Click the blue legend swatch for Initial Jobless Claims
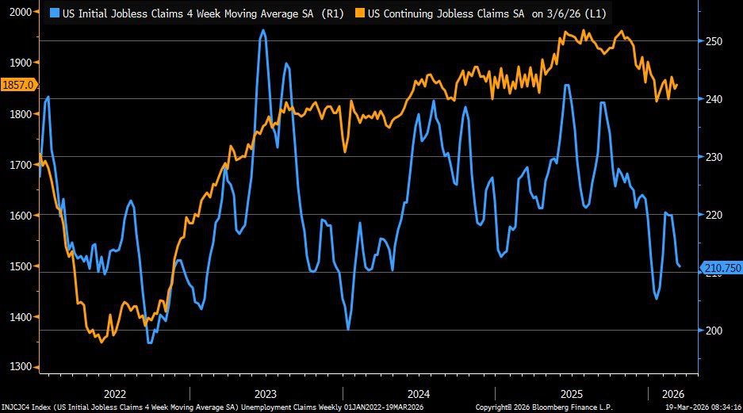pyautogui.click(x=53, y=13)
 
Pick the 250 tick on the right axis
pyautogui.click(x=715, y=41)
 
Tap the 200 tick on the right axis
pyautogui.click(x=715, y=330)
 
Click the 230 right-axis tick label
pyautogui.click(x=715, y=157)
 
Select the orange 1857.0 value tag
pyautogui.click(x=17, y=83)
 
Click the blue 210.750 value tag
pyautogui.click(x=721, y=268)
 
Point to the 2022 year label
pyautogui.click(x=114, y=393)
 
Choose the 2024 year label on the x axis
pyautogui.click(x=418, y=393)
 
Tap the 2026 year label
pyautogui.click(x=672, y=393)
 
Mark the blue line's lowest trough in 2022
pyautogui.click(x=149, y=343)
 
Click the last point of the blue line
pyautogui.click(x=680, y=266)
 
